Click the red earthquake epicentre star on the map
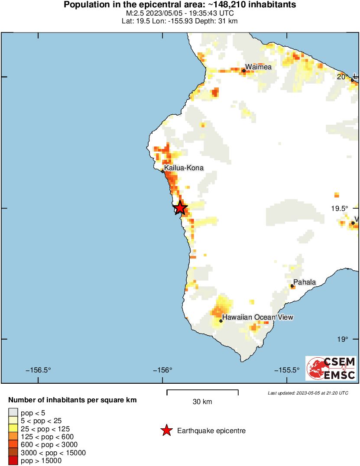coord(180,208)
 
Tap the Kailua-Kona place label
coord(184,168)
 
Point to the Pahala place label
coord(305,282)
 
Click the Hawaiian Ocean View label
coord(258,317)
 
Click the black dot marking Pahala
coord(292,286)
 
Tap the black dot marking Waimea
coord(244,71)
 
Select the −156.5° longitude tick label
coord(39,370)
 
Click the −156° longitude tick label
coord(162,370)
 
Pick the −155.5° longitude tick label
coord(287,370)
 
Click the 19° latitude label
coord(342,339)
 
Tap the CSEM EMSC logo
coord(331,369)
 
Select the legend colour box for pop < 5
coord(13,412)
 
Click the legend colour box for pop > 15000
coord(13,461)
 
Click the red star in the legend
coord(166,430)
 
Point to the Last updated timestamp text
coord(308,393)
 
